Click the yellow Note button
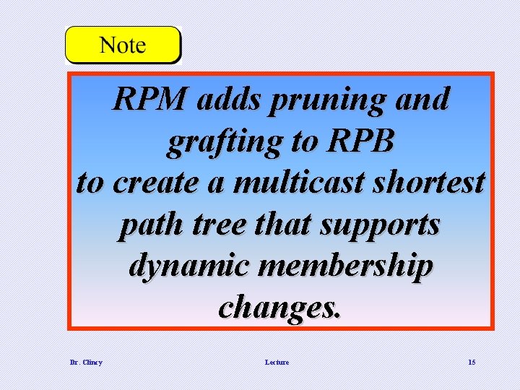[123, 45]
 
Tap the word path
[147, 225]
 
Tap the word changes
[278, 308]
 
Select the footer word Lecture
[277, 362]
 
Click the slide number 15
[471, 362]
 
